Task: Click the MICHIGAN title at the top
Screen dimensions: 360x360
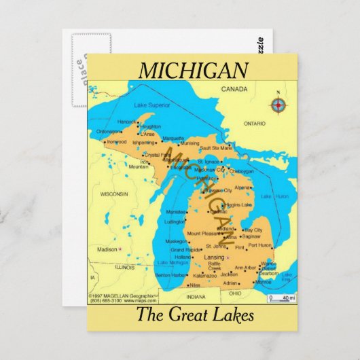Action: click(x=193, y=70)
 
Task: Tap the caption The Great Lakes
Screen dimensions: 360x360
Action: click(x=194, y=315)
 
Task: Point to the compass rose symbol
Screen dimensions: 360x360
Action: click(x=278, y=105)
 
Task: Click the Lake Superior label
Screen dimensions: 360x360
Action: click(x=151, y=105)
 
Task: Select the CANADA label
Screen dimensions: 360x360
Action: click(x=234, y=89)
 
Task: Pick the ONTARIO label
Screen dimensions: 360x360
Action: click(x=255, y=124)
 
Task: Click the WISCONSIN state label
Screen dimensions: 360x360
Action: click(x=114, y=194)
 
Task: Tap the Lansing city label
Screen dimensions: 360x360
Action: click(x=213, y=258)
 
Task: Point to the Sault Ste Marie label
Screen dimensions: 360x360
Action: click(x=215, y=147)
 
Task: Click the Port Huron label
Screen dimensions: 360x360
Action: click(x=259, y=245)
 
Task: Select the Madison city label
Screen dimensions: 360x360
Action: click(x=107, y=249)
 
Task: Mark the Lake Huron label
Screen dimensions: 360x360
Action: click(x=275, y=196)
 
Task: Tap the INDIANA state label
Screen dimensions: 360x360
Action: click(x=196, y=297)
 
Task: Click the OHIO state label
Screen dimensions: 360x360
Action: click(x=235, y=293)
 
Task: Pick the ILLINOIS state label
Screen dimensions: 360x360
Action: click(x=124, y=267)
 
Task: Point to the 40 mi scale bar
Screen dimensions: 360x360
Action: click(x=282, y=298)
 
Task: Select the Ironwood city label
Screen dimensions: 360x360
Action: click(x=116, y=142)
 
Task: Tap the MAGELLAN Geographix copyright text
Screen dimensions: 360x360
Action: click(x=126, y=297)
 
